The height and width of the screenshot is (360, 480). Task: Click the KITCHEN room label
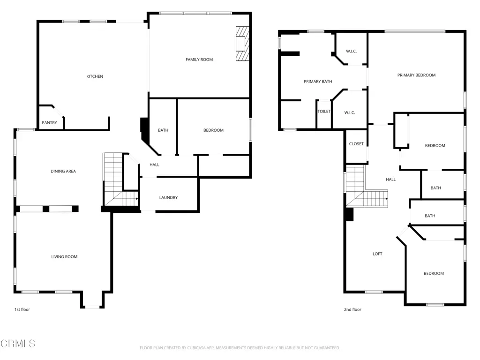point(95,76)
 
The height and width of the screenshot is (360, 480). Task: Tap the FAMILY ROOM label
point(199,60)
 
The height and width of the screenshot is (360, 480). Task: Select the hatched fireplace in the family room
point(242,44)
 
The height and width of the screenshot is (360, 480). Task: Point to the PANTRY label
point(49,122)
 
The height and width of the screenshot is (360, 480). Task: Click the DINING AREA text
point(63,171)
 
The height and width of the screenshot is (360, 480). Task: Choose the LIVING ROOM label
point(64,256)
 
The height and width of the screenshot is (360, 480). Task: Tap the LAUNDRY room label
point(168,197)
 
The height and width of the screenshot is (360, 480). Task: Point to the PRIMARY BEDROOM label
point(416,75)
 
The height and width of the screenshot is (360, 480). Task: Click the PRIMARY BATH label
point(318,82)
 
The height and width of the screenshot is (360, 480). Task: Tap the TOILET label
point(324,112)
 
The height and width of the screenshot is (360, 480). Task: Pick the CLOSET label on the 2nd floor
point(356,143)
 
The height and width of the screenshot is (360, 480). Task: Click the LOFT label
point(377,254)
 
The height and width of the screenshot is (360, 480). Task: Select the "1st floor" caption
point(22,309)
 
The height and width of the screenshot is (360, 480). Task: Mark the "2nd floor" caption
point(352,309)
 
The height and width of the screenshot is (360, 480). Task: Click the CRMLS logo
point(18,344)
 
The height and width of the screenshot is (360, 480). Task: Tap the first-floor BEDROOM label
point(213,130)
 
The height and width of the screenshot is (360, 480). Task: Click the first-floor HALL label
point(154,165)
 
